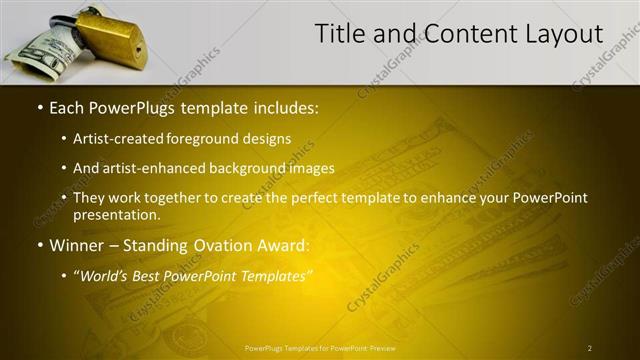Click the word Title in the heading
340,34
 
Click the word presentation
115,214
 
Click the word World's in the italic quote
109,275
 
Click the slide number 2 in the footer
590,348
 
